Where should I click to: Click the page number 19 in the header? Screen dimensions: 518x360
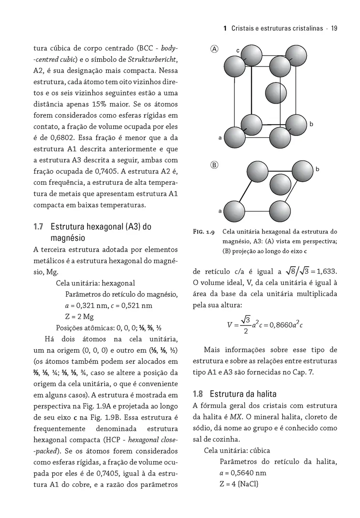334,28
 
